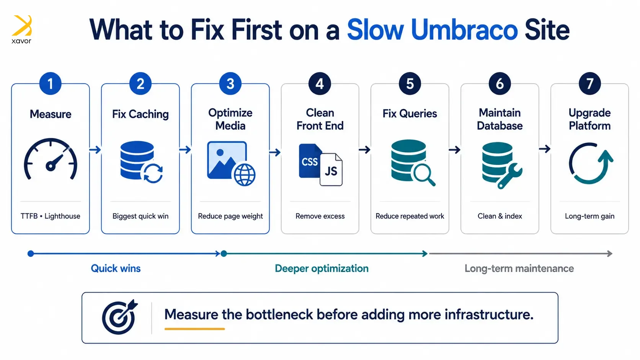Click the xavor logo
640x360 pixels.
point(22,29)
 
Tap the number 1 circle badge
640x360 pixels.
point(50,84)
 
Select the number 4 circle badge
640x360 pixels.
point(320,84)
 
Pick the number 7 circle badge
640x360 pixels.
point(589,84)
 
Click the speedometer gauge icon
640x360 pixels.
point(51,159)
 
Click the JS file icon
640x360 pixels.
point(331,169)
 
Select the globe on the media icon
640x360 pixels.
point(245,175)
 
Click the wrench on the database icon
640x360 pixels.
point(510,176)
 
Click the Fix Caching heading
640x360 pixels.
point(140,114)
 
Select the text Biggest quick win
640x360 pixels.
point(140,216)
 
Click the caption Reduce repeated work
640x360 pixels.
point(410,216)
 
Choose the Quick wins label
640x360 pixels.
point(116,268)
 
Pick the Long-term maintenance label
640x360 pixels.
point(519,268)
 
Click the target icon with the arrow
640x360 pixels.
point(120,317)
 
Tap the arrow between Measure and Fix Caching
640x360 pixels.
point(95,150)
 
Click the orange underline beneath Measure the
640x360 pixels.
point(194,329)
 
